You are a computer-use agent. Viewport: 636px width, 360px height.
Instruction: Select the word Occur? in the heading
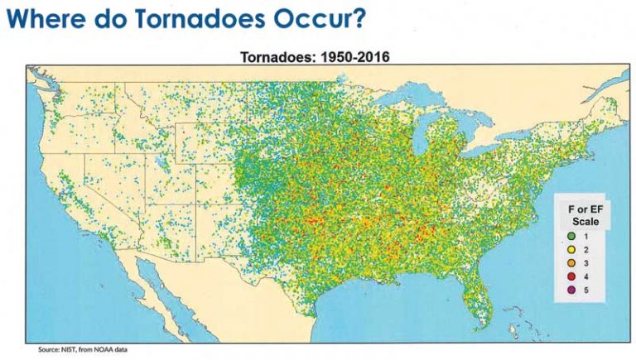pos(320,18)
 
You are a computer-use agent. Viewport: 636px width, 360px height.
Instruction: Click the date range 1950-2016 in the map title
pos(355,57)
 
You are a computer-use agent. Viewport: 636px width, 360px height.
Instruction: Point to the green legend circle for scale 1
pos(571,236)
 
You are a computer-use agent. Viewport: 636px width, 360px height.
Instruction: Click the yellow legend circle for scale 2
pos(571,249)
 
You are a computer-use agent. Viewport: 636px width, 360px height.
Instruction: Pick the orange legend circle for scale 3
pos(571,263)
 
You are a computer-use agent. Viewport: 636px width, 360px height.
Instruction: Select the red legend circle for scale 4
pos(571,276)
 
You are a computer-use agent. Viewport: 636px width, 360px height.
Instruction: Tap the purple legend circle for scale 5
pos(571,290)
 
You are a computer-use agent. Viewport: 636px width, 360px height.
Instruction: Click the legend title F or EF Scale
pos(585,215)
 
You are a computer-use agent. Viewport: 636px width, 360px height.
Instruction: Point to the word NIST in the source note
pos(66,349)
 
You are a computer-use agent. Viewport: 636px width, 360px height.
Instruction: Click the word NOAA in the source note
pos(101,349)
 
